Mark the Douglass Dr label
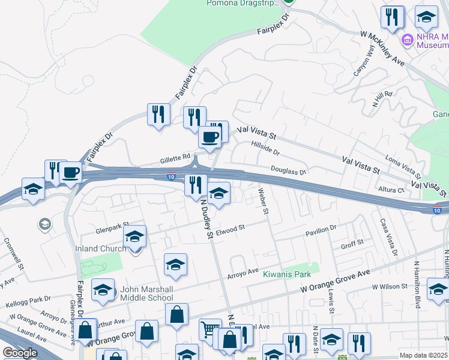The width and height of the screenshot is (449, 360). (x=288, y=171)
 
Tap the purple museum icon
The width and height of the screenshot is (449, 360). (x=408, y=40)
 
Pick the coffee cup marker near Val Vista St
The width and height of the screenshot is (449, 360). (x=210, y=136)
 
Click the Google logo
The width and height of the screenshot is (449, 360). (x=19, y=353)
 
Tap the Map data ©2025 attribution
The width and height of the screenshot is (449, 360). (x=424, y=355)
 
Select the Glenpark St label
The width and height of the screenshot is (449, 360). (x=113, y=229)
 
